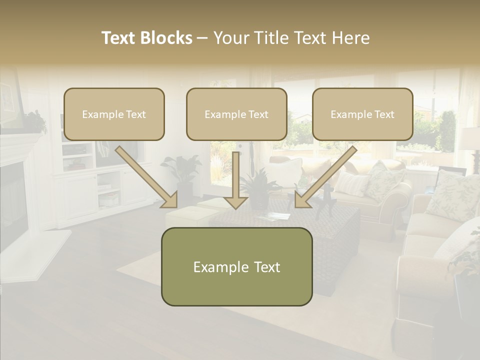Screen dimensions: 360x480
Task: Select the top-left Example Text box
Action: pyautogui.click(x=114, y=114)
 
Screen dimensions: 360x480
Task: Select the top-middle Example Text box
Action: pyautogui.click(x=236, y=114)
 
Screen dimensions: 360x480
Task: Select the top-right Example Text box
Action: pyautogui.click(x=362, y=114)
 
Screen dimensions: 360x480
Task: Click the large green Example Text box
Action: pyautogui.click(x=236, y=266)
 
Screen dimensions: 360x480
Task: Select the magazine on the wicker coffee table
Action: pyautogui.click(x=273, y=215)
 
